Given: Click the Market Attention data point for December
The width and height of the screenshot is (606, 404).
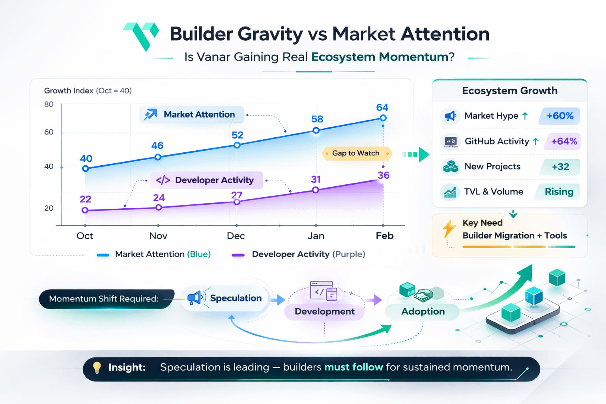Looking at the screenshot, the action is (237, 145).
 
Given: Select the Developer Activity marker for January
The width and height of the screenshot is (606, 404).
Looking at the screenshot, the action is (315, 190).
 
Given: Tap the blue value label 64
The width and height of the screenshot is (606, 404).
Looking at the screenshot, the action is (382, 107).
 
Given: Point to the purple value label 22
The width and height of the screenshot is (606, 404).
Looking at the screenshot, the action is (85, 199).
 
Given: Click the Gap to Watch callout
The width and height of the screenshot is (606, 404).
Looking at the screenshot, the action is (357, 153).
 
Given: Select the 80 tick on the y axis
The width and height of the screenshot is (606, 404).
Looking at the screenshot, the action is (49, 105).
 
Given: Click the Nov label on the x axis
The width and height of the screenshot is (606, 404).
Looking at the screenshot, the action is (158, 236).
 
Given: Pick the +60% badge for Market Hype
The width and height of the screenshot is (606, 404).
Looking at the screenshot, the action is (559, 116).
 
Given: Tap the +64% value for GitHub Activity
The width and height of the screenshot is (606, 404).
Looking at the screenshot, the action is (564, 141).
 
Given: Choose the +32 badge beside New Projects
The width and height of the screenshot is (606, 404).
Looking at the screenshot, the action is (560, 167).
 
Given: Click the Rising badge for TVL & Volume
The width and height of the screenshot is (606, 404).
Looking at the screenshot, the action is (559, 192).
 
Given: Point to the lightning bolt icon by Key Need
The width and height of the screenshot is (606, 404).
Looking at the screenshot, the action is (449, 228).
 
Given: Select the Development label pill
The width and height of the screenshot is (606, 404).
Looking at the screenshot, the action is (324, 312).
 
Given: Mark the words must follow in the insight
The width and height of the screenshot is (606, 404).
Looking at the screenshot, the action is (353, 367).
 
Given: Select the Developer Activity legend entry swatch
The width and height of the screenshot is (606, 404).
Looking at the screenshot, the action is (238, 255).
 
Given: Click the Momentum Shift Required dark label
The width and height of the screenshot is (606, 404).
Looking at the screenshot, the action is (105, 299).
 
